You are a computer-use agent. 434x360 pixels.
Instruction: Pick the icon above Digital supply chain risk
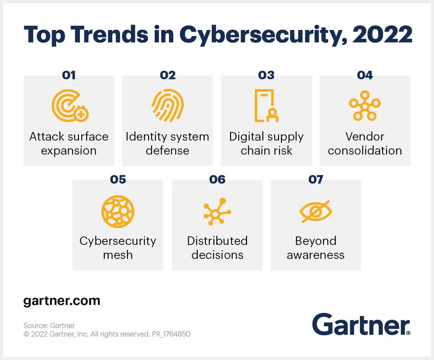tap(266, 105)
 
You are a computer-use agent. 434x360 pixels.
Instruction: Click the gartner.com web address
tap(61, 301)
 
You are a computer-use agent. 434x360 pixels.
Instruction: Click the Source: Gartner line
tap(49, 325)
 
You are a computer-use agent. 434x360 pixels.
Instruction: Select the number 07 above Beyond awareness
tap(315, 179)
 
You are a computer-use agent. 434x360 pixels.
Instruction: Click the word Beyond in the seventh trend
tap(316, 241)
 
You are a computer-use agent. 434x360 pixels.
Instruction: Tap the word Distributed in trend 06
tap(217, 241)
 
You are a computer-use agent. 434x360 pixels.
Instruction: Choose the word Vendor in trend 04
tap(365, 137)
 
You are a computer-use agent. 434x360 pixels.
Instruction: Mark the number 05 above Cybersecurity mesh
tap(118, 179)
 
